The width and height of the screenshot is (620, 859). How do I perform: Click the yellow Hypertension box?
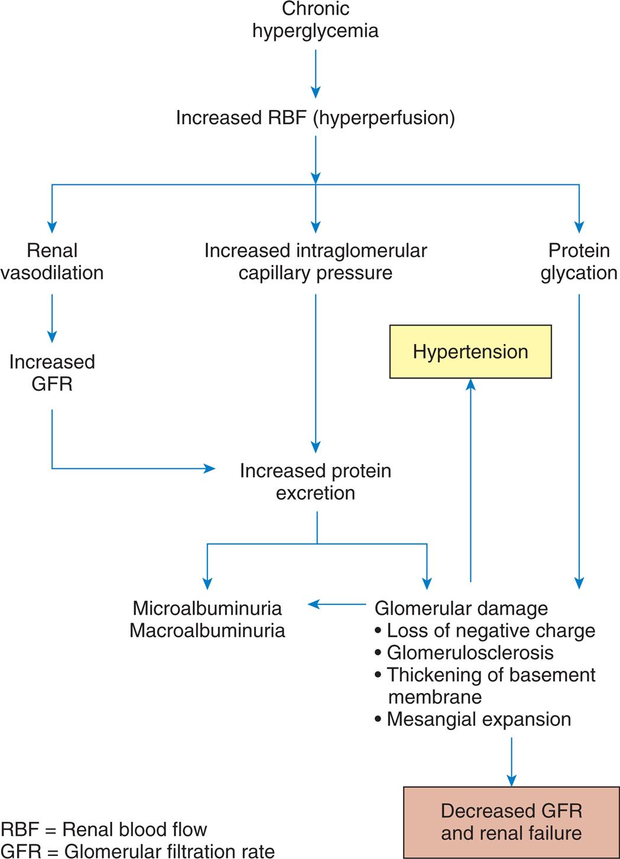pyautogui.click(x=470, y=352)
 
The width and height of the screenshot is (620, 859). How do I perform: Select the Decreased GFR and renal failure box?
pyautogui.click(x=511, y=822)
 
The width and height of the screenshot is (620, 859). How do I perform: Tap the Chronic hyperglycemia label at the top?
pyautogui.click(x=315, y=20)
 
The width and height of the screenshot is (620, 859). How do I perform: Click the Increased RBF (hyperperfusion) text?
pyautogui.click(x=315, y=118)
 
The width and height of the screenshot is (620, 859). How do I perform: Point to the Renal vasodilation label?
pyautogui.click(x=52, y=261)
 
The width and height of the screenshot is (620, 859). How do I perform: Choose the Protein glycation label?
pyautogui.click(x=579, y=261)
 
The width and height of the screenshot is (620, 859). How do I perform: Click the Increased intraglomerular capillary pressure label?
pyautogui.click(x=315, y=261)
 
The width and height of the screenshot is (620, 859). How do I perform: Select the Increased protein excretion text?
pyautogui.click(x=315, y=481)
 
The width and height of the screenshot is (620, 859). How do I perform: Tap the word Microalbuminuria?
pyautogui.click(x=207, y=608)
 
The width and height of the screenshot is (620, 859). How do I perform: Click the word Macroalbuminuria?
pyautogui.click(x=207, y=630)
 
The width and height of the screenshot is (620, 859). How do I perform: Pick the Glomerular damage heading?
pyautogui.click(x=461, y=608)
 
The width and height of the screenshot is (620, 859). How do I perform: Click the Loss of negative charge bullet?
pyautogui.click(x=490, y=630)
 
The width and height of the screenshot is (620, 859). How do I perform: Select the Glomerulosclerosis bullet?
pyautogui.click(x=469, y=653)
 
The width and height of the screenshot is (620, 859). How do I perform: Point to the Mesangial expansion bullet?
pyautogui.click(x=478, y=719)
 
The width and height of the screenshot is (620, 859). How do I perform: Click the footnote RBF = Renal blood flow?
pyautogui.click(x=104, y=829)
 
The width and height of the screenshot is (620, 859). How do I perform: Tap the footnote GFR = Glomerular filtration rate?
pyautogui.click(x=137, y=851)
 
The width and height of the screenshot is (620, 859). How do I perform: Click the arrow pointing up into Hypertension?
pyautogui.click(x=470, y=479)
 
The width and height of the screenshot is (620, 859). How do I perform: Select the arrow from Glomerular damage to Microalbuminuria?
pyautogui.click(x=337, y=604)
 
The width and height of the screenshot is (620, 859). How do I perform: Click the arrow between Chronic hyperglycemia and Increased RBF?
pyautogui.click(x=316, y=73)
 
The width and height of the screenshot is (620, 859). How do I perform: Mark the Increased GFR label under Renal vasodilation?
pyautogui.click(x=52, y=372)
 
